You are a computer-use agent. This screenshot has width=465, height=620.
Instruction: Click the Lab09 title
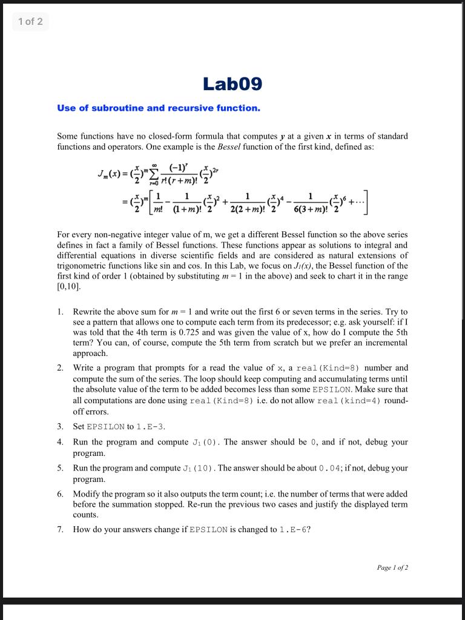coord(232,84)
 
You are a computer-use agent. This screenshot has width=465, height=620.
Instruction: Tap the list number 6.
coord(61,494)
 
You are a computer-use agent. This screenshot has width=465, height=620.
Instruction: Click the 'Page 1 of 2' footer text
coord(392,567)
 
